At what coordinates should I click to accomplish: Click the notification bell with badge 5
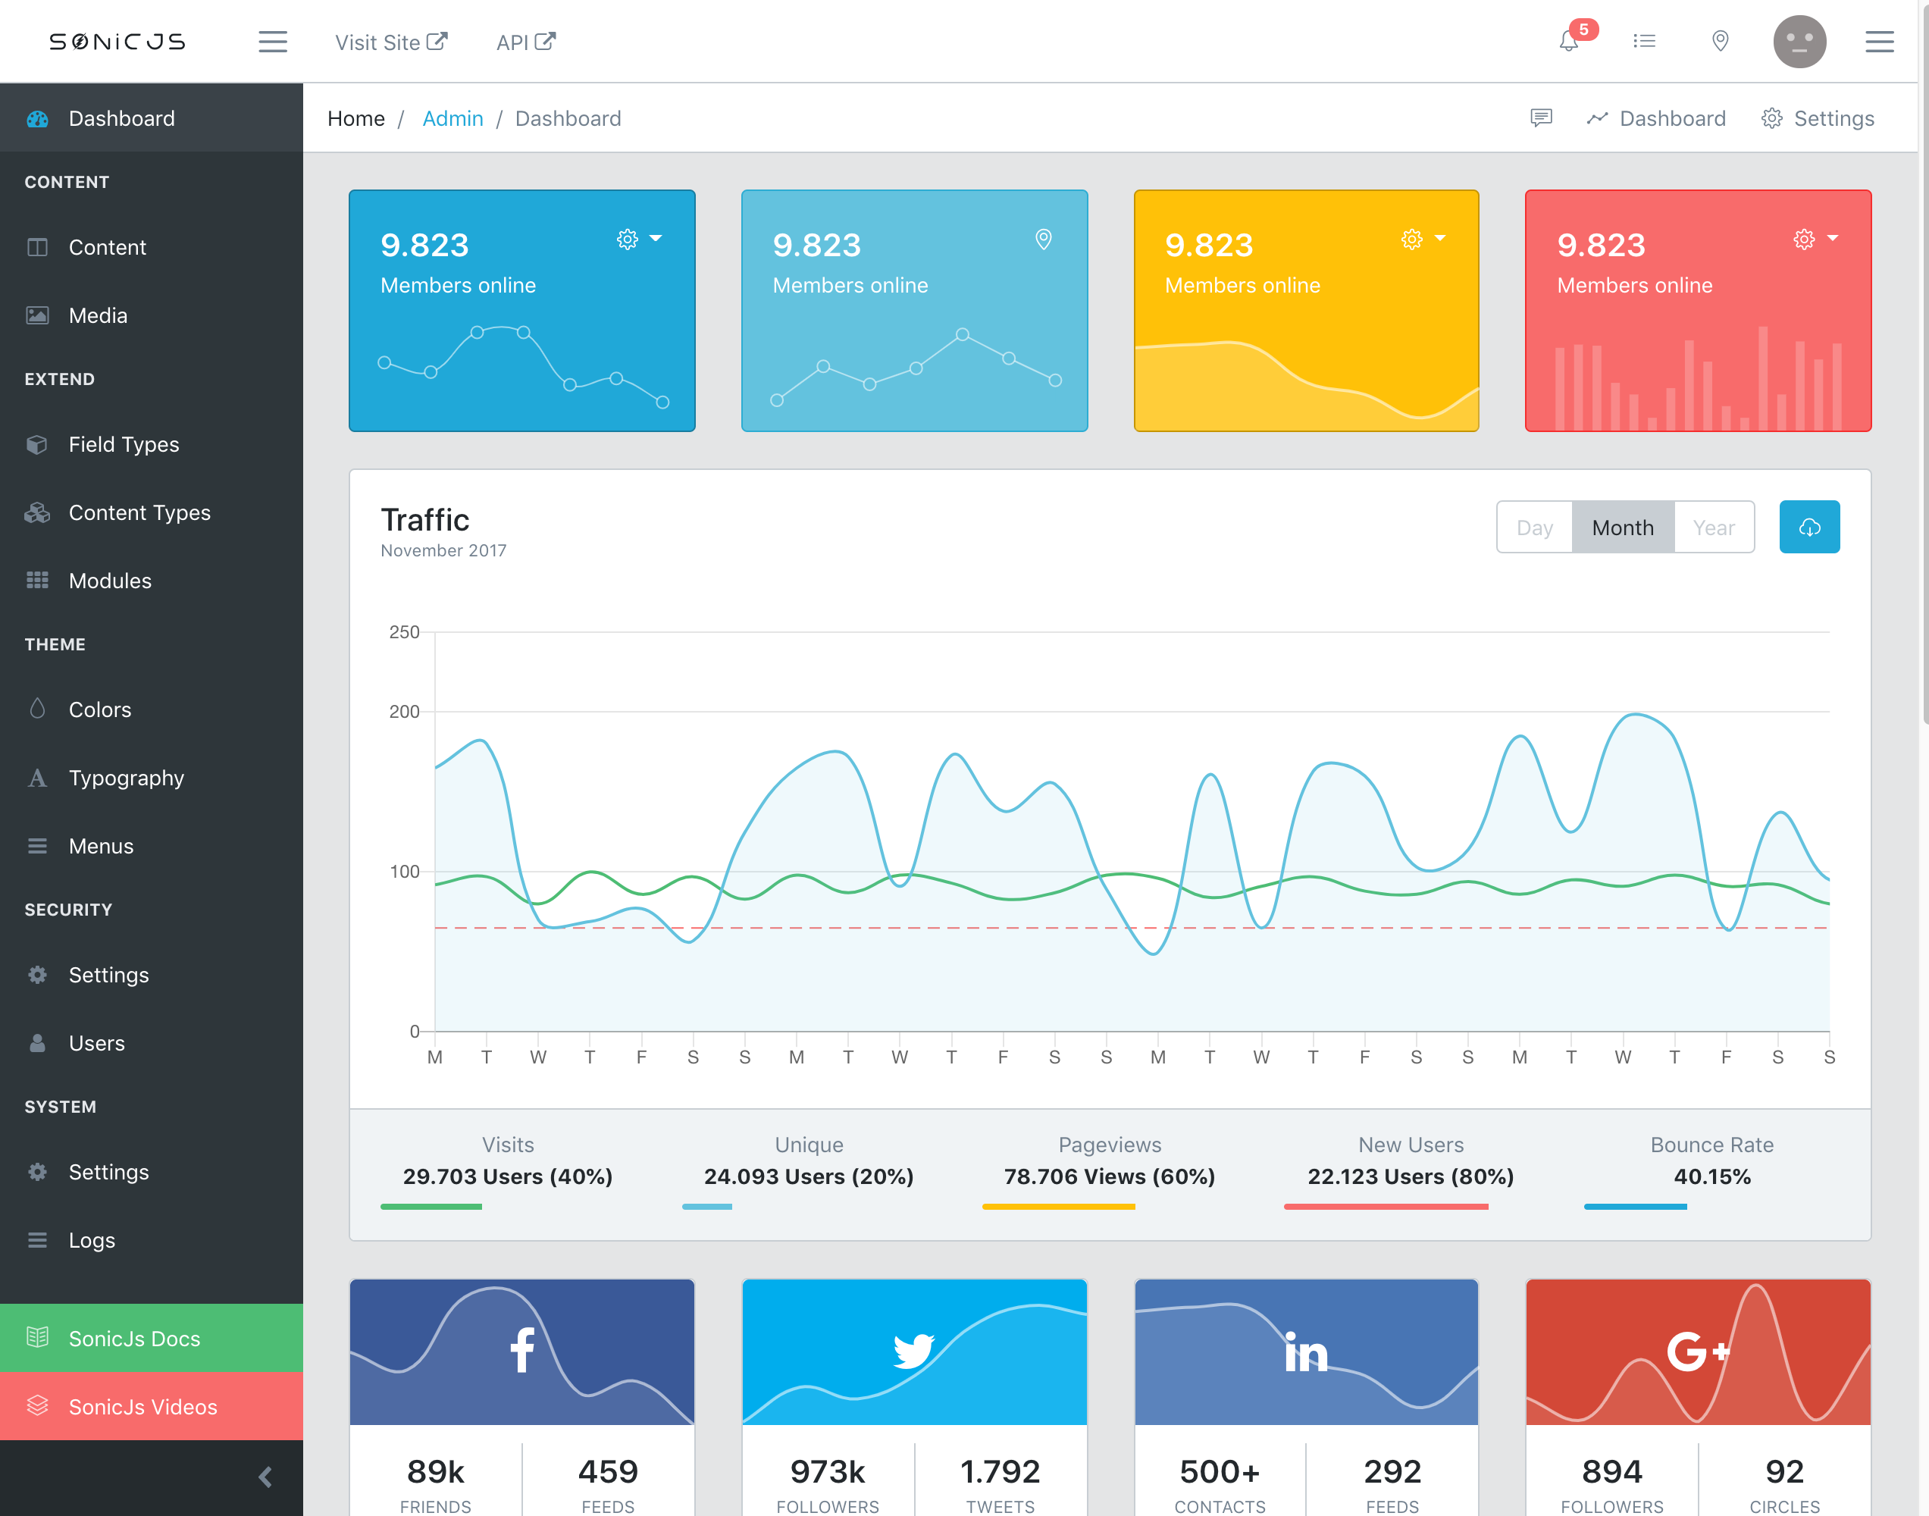point(1569,41)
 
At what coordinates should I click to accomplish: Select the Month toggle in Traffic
point(1622,528)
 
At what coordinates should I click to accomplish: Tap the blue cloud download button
point(1808,528)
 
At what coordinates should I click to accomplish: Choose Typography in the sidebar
point(126,778)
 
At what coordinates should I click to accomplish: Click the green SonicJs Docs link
point(134,1338)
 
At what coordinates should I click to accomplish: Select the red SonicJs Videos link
point(142,1406)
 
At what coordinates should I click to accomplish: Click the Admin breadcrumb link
point(453,118)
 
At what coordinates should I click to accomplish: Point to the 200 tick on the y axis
point(404,712)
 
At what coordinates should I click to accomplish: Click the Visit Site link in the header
point(390,42)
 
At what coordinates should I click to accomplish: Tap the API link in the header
point(525,42)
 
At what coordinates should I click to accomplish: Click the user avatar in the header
point(1799,41)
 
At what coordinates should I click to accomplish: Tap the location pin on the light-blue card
point(1044,239)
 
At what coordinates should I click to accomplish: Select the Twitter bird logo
point(913,1350)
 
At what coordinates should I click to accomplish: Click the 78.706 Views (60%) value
point(1109,1176)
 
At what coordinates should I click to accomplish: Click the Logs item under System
point(92,1239)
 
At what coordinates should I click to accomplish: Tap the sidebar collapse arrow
point(265,1476)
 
